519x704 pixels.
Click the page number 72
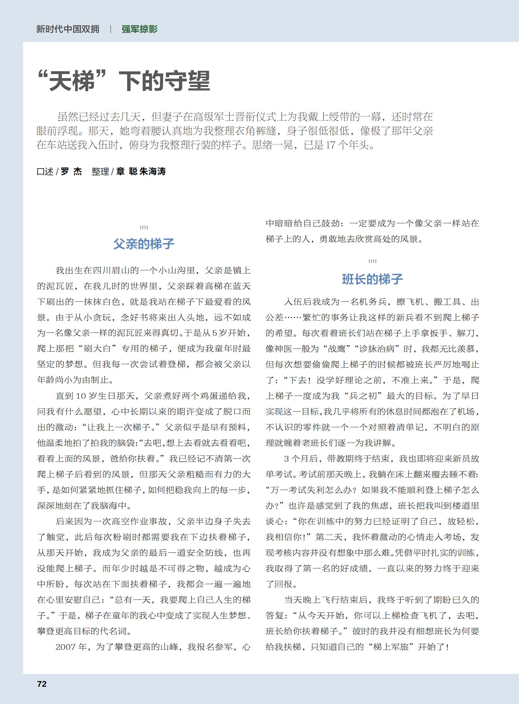click(42, 684)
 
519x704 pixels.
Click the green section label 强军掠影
click(140, 29)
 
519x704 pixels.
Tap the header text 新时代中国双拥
click(68, 29)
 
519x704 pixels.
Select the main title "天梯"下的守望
click(124, 81)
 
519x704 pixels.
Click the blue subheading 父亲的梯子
click(144, 244)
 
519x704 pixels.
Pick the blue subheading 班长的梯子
click(372, 279)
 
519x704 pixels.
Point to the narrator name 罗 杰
click(71, 171)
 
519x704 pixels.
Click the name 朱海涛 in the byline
click(153, 171)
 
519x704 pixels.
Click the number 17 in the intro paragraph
click(331, 145)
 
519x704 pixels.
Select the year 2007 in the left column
click(66, 647)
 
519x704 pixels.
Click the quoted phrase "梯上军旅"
click(391, 647)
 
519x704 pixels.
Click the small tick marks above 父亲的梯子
click(144, 227)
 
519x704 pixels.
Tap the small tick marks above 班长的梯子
click(372, 261)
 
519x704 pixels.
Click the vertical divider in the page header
click(111, 29)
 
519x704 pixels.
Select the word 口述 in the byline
click(45, 171)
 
